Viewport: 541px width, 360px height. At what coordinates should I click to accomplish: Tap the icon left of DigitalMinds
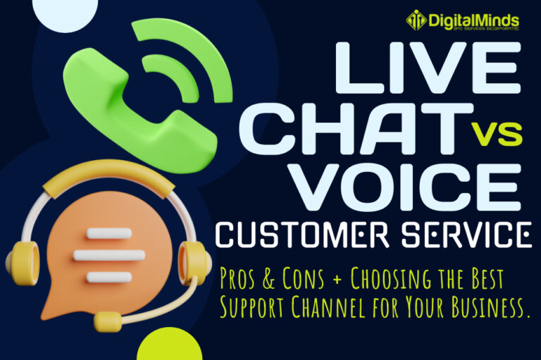pos(416,20)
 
